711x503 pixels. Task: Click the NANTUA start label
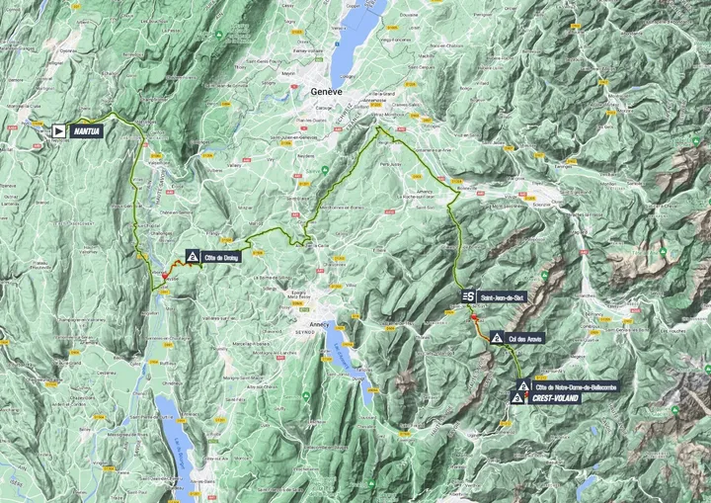85,129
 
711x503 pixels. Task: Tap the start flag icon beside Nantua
59,129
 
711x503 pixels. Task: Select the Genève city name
326,91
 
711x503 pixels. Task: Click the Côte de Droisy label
222,256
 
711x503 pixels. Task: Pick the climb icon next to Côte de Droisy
192,256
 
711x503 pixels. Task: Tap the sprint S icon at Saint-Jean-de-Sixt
468,295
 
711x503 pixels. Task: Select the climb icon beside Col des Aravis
497,338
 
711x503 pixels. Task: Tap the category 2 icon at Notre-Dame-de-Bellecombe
523,384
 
